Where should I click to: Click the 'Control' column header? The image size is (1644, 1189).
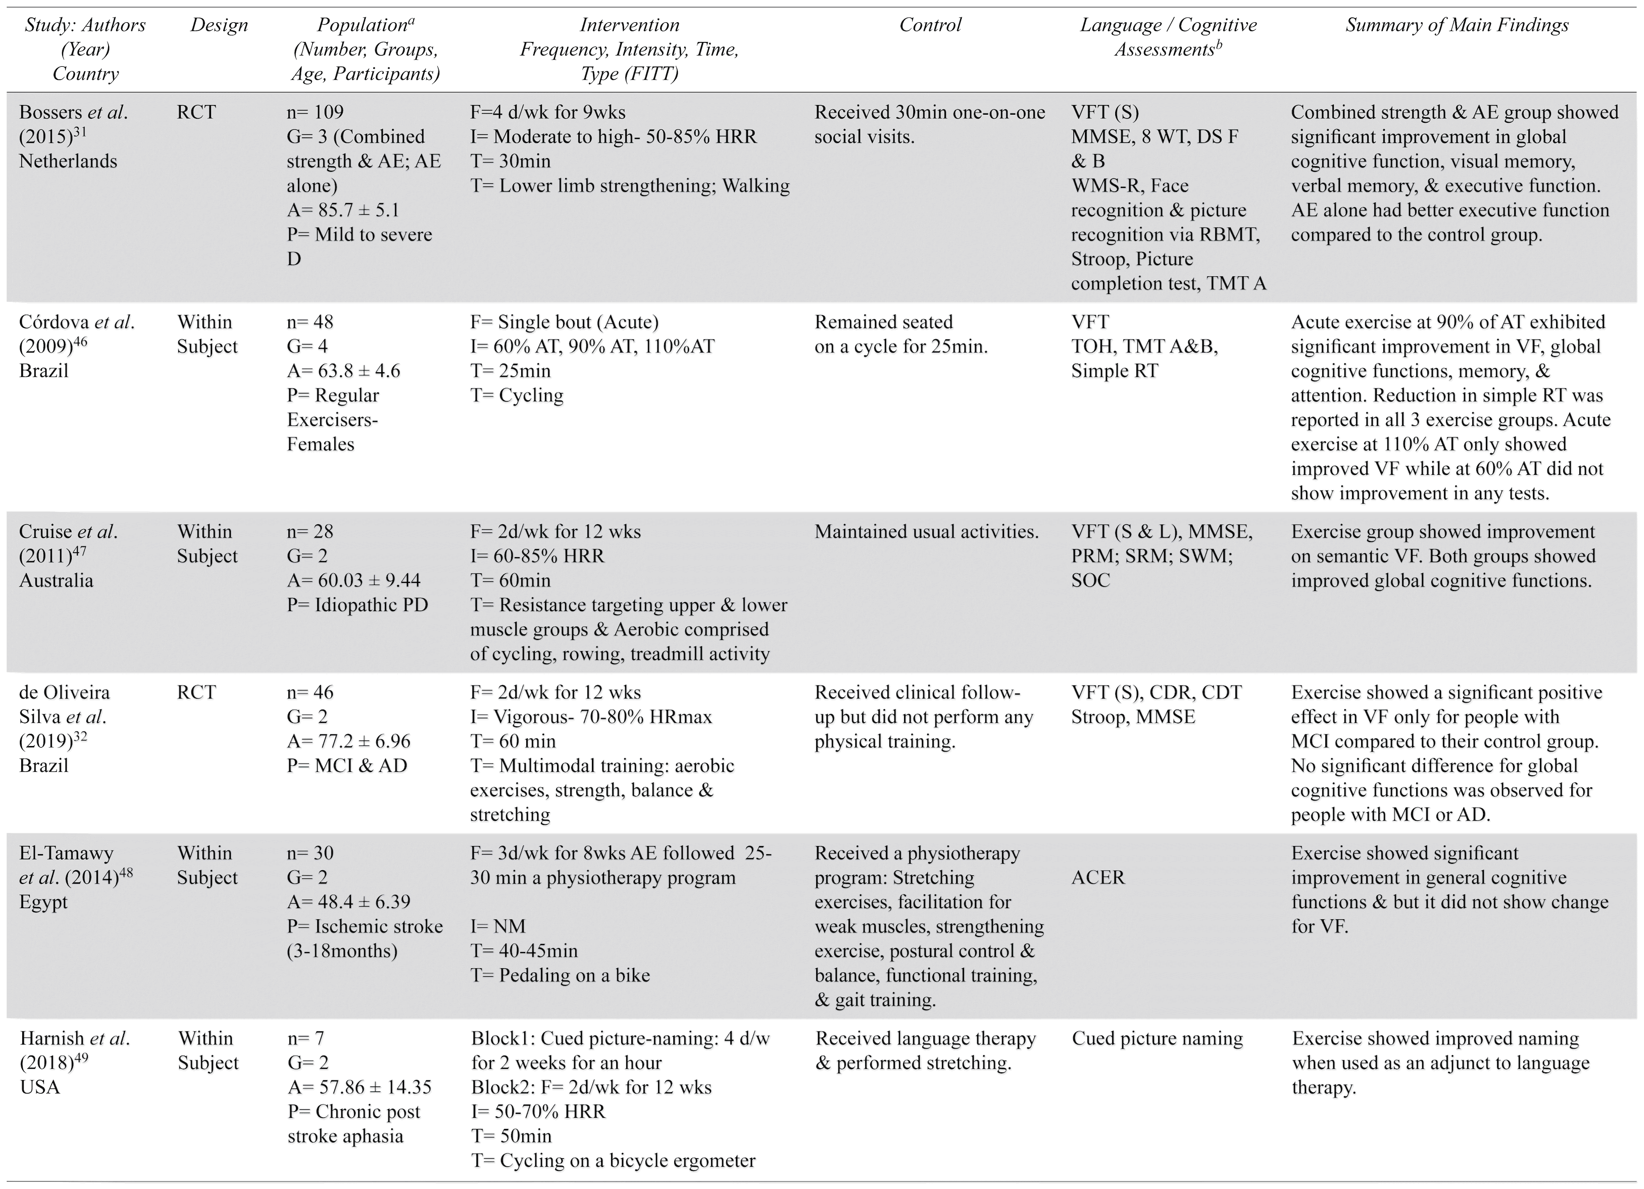coord(929,25)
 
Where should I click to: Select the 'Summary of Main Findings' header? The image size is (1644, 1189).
coord(1457,25)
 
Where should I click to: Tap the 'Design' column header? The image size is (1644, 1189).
coord(219,25)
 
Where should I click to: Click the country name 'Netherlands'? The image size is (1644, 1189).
coord(68,161)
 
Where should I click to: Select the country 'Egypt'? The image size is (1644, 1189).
coord(43,902)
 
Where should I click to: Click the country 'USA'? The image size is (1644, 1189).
coord(40,1087)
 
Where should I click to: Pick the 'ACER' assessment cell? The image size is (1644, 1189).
coord(1098,878)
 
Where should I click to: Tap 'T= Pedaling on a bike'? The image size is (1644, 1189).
coord(560,975)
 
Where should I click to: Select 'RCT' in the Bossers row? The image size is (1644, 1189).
coord(196,112)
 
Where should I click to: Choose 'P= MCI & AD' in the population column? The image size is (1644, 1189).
coord(347,766)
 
